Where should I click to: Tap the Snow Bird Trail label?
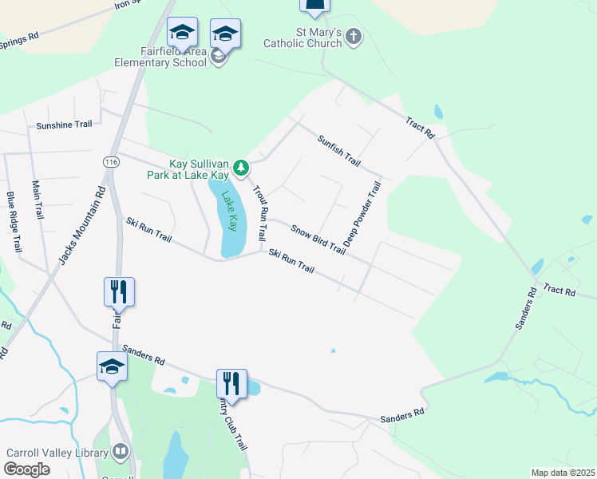tap(318, 239)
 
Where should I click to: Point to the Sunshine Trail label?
tap(65, 125)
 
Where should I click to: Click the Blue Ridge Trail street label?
tap(14, 222)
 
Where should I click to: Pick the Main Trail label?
tap(38, 200)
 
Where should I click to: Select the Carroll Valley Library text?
tap(57, 453)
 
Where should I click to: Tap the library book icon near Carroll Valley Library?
tap(121, 452)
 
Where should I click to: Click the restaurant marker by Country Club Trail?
tap(231, 382)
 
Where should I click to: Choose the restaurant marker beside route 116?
tap(119, 291)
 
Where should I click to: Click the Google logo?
tap(27, 469)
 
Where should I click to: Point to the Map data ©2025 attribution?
tap(563, 473)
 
